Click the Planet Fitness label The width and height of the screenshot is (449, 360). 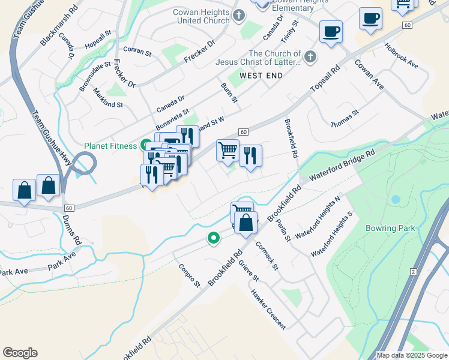coord(111,145)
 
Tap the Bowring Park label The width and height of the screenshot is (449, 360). coord(390,228)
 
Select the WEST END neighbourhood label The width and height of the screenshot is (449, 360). coord(261,76)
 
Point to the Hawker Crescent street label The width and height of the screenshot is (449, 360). coord(268,310)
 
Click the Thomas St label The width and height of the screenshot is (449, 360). coord(345,118)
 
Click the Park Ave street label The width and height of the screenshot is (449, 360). coord(62,263)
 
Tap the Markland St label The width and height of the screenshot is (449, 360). coord(108,97)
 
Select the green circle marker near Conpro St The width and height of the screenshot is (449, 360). coord(213,238)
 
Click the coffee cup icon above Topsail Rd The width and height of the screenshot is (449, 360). coord(330,31)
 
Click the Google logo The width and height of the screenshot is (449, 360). coord(20,353)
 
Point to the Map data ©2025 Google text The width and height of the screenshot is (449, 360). coord(412,355)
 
